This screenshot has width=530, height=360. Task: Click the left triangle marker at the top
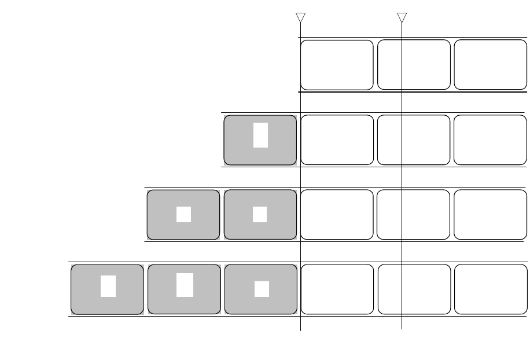[301, 17]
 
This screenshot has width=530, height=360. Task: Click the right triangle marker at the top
[402, 17]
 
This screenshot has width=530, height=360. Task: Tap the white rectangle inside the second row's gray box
[260, 135]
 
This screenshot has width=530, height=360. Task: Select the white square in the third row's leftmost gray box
[183, 214]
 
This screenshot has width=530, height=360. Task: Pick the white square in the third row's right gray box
[260, 214]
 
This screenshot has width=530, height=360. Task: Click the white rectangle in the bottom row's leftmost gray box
[108, 286]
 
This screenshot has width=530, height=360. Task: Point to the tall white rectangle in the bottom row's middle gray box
[185, 285]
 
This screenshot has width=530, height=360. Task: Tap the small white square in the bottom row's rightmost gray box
[262, 289]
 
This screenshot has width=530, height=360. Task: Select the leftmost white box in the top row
[337, 65]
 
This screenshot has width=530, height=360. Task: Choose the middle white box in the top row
[414, 65]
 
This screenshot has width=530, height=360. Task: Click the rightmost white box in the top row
[490, 65]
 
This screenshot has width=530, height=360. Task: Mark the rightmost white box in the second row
[490, 140]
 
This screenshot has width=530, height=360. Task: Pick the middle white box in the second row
[414, 140]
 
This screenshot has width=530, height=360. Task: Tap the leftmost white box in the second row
[337, 140]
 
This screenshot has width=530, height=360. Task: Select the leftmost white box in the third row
[337, 214]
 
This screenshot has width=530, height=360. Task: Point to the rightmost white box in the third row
[490, 214]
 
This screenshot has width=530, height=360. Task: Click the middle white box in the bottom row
[414, 289]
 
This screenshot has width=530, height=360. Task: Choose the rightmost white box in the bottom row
[490, 289]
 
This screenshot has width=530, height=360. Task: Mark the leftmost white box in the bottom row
[337, 289]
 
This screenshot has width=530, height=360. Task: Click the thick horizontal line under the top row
[463, 91]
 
